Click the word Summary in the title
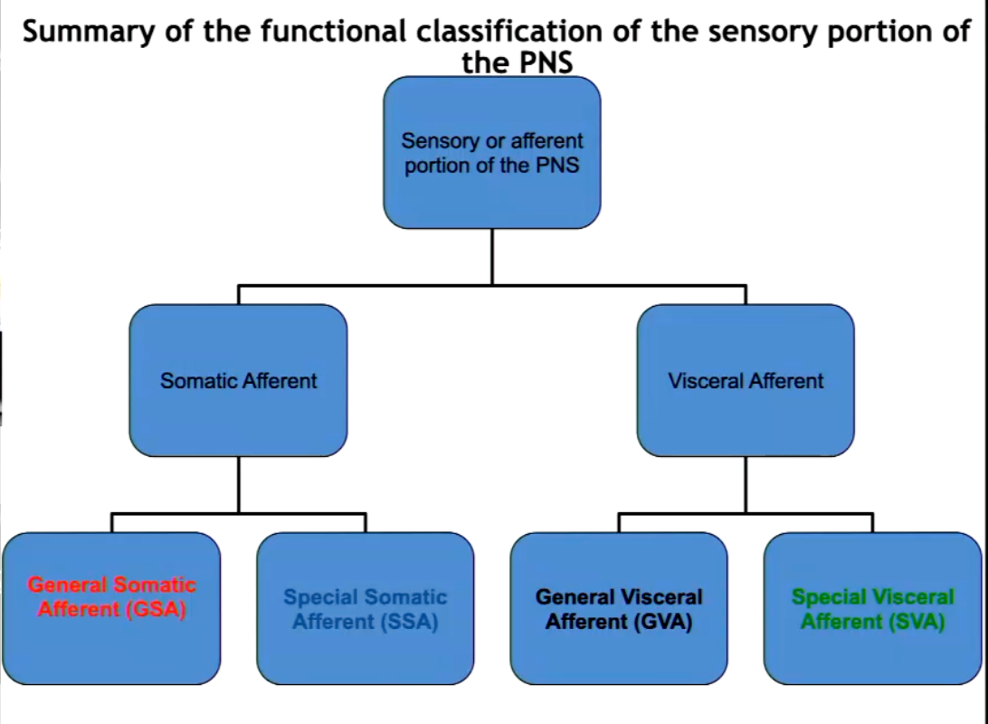point(89,33)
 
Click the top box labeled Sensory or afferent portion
point(492,152)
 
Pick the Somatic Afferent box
point(238,381)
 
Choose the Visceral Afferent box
point(746,381)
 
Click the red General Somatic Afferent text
point(112,596)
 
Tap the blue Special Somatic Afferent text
point(366,609)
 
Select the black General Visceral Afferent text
point(619,609)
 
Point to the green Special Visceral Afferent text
point(873,609)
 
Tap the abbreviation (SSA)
point(410,622)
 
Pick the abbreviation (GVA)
point(663,622)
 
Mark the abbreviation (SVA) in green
point(917,622)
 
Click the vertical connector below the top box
point(492,257)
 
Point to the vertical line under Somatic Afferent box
point(238,485)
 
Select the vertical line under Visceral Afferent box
point(746,485)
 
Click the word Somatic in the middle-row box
point(198,381)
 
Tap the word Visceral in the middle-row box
point(706,381)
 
